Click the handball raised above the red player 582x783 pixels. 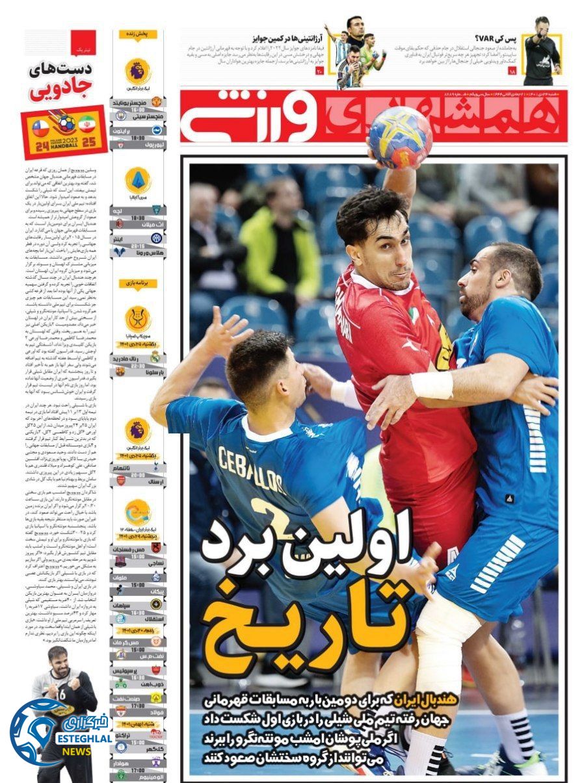coord(401,136)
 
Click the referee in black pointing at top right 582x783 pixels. coord(541,52)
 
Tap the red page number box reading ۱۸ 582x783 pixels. coord(512,71)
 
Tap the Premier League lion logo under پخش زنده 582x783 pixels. coord(138,70)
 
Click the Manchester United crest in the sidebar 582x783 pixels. coord(156,102)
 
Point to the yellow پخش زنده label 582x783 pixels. coord(138,34)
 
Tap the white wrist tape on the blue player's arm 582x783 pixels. coord(432,385)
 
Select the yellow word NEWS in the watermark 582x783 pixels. coord(77,751)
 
